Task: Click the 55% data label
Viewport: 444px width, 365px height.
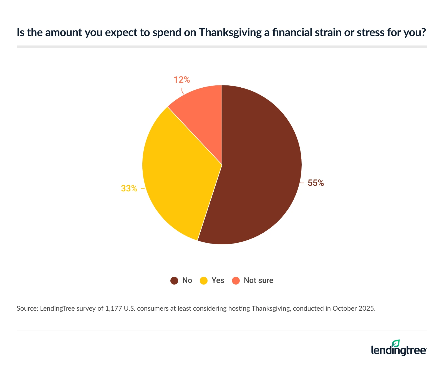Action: click(x=316, y=183)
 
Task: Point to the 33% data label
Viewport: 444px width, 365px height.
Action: click(x=129, y=189)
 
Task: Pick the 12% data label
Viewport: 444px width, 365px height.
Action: click(x=182, y=80)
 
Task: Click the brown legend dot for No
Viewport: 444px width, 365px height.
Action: click(x=174, y=281)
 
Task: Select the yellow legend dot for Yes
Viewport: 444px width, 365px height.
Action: click(x=204, y=281)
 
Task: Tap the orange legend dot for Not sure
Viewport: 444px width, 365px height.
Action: click(x=236, y=281)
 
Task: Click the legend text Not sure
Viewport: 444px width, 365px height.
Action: click(x=258, y=280)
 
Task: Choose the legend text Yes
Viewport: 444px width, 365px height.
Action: click(x=218, y=280)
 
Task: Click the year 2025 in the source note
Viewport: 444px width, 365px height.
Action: click(x=366, y=308)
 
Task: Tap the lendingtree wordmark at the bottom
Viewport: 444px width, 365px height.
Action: click(x=399, y=350)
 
